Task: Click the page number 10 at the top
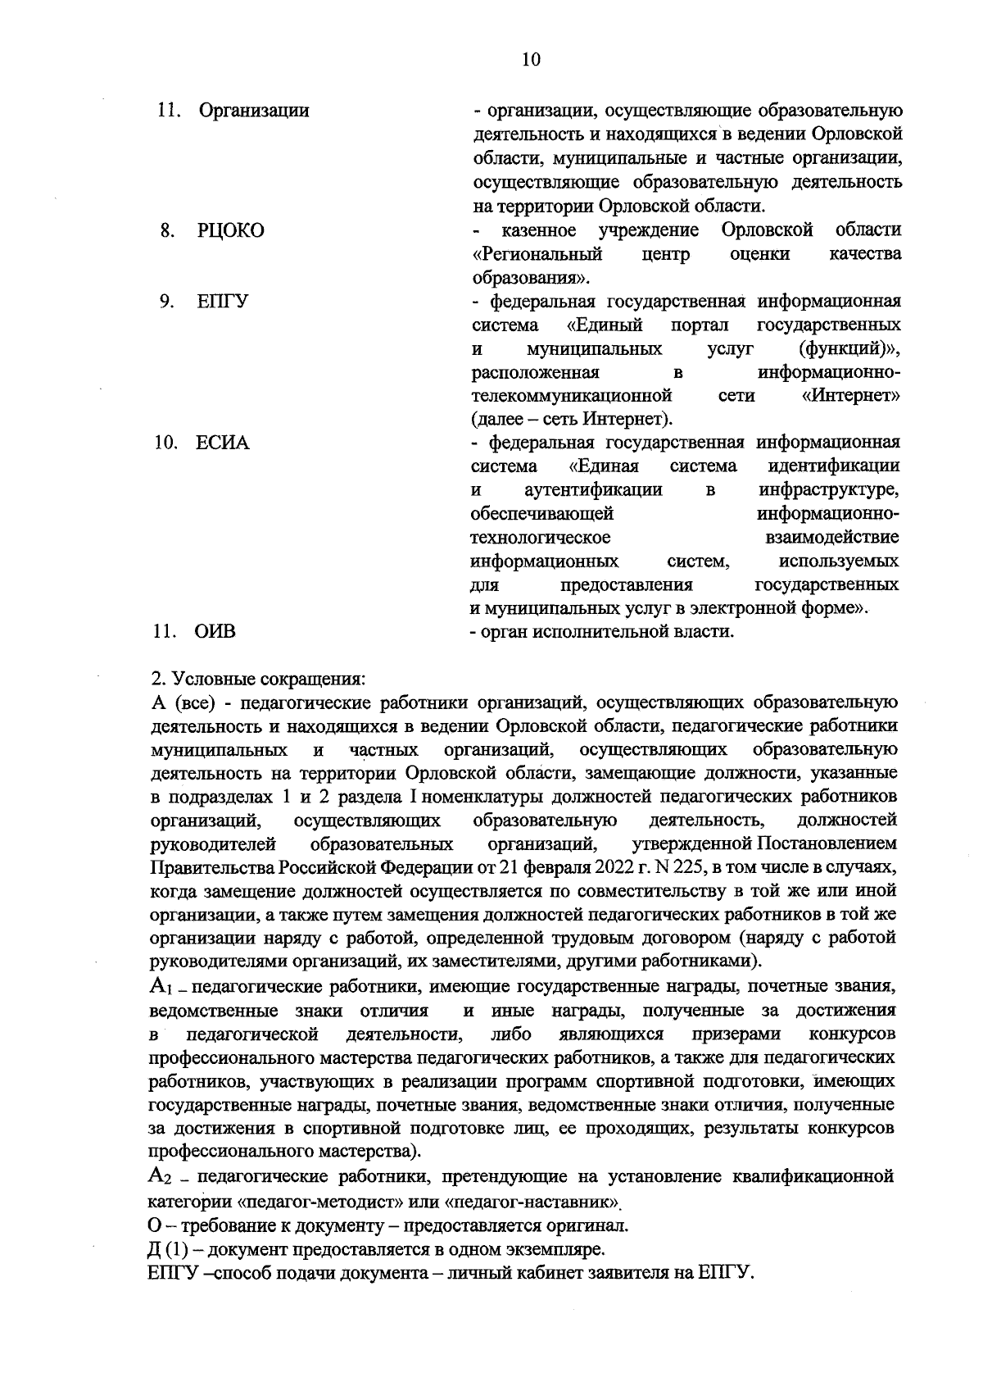pos(530,59)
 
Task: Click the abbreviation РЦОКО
pos(230,231)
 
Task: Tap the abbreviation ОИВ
pos(215,632)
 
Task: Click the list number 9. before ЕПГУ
pos(166,302)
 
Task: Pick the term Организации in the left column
pos(254,111)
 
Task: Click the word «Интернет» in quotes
pos(851,397)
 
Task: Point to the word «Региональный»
pos(537,254)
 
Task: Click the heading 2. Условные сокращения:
pos(259,680)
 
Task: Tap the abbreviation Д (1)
pos(174,1250)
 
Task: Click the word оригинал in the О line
pos(593,1226)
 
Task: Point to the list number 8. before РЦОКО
pos(166,231)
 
